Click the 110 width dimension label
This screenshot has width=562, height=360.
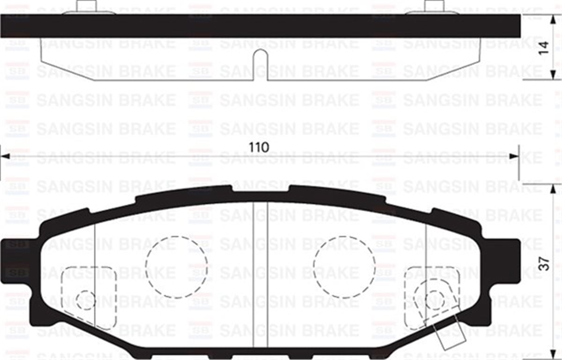[x=259, y=147]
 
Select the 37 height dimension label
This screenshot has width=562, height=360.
[x=543, y=264]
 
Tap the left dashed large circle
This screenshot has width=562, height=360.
[x=176, y=266]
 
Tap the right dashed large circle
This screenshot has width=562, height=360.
[x=344, y=266]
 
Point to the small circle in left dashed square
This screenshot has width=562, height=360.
[x=86, y=300]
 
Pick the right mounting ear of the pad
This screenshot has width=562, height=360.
[x=509, y=260]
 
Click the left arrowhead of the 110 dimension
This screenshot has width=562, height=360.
[x=5, y=156]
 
